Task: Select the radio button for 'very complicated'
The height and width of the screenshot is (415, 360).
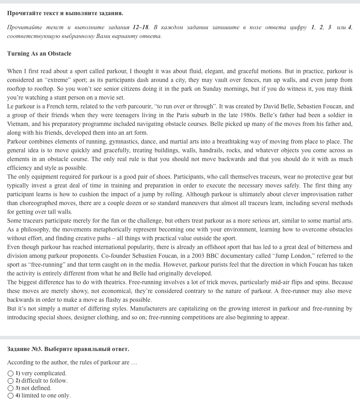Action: click(11, 373)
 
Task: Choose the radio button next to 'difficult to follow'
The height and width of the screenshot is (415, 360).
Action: click(11, 381)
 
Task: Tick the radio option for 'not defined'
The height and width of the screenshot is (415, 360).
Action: click(11, 388)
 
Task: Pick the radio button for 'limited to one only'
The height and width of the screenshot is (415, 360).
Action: click(11, 396)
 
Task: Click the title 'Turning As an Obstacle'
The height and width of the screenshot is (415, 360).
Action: click(39, 53)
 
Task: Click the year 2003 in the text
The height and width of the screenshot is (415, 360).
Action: click(199, 256)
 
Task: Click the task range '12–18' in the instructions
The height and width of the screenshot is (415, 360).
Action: click(141, 27)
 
